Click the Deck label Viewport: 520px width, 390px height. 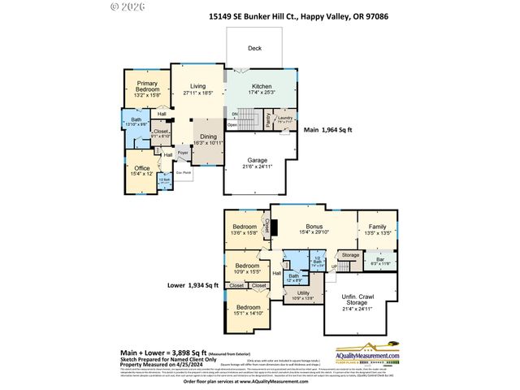[x=255, y=48]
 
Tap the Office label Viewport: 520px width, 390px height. [x=141, y=171]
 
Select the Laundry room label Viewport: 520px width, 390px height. [x=284, y=119]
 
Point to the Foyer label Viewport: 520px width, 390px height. [x=184, y=152]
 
